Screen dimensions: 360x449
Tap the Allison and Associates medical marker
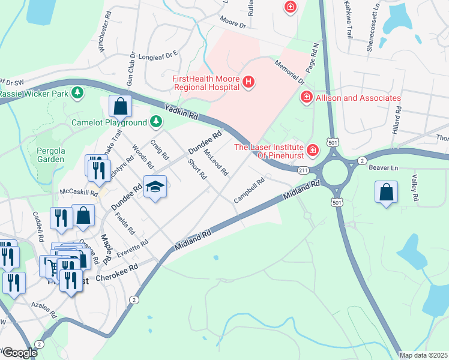(x=306, y=97)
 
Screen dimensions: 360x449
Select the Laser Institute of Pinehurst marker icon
(x=312, y=150)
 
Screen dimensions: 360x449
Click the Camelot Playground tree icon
(x=156, y=122)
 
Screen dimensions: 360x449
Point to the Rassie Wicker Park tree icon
(x=77, y=93)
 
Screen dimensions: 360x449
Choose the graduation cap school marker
(x=155, y=188)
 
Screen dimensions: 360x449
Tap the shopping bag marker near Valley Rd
(x=387, y=193)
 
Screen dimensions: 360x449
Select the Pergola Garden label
(x=50, y=154)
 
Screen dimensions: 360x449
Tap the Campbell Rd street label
(x=250, y=190)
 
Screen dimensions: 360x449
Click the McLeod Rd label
(x=216, y=163)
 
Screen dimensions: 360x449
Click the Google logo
(x=19, y=353)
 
